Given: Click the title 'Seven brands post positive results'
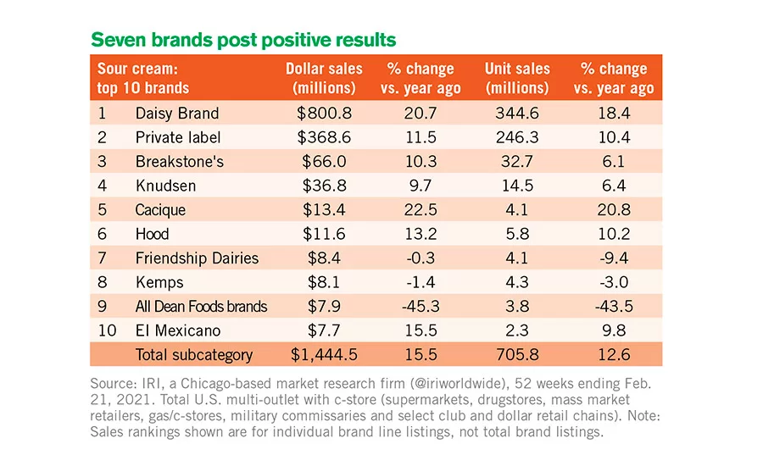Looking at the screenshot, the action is pyautogui.click(x=243, y=40).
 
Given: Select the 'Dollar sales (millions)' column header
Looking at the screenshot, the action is pyautogui.click(x=324, y=78).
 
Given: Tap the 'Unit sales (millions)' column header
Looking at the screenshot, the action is pyautogui.click(x=517, y=78).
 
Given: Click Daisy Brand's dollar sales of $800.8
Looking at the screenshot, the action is pyautogui.click(x=324, y=114).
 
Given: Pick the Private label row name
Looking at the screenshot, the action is pyautogui.click(x=178, y=137).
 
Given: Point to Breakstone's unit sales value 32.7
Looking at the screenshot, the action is pyautogui.click(x=517, y=162).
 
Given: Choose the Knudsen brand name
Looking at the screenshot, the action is pyautogui.click(x=166, y=186).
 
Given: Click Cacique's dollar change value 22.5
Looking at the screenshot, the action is pyautogui.click(x=420, y=209).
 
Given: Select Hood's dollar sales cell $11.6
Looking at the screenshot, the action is pyautogui.click(x=324, y=234).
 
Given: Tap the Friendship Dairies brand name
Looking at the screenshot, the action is pyautogui.click(x=197, y=258).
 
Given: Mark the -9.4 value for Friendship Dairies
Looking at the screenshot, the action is pyautogui.click(x=614, y=258).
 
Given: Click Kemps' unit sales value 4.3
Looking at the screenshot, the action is pyautogui.click(x=517, y=282).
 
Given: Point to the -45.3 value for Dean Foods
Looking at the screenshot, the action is pyautogui.click(x=420, y=307).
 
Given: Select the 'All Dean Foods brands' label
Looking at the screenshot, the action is pyautogui.click(x=202, y=307).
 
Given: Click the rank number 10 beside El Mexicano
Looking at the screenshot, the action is pyautogui.click(x=107, y=330).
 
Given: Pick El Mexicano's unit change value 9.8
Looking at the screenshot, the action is pyautogui.click(x=614, y=330).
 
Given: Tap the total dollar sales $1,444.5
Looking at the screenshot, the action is pyautogui.click(x=324, y=355).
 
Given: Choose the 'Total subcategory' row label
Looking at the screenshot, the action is pyautogui.click(x=194, y=355).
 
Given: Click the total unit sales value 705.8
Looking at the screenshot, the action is pyautogui.click(x=517, y=355).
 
